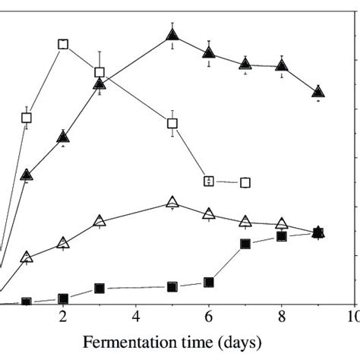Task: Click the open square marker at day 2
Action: tap(63, 44)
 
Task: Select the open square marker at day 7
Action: tap(245, 182)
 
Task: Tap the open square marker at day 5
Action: tap(172, 123)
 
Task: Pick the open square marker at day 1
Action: tap(27, 118)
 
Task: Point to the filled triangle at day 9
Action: tap(318, 92)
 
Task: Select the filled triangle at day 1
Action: tap(27, 175)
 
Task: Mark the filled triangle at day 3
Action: tap(99, 84)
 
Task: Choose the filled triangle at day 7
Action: tap(245, 64)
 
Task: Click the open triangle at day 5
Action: tap(172, 203)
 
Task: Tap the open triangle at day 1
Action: tap(27, 257)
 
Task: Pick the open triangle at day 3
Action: tap(99, 222)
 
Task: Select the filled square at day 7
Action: tap(245, 244)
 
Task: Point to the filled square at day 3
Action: tap(99, 289)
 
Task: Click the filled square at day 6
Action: tap(209, 282)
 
